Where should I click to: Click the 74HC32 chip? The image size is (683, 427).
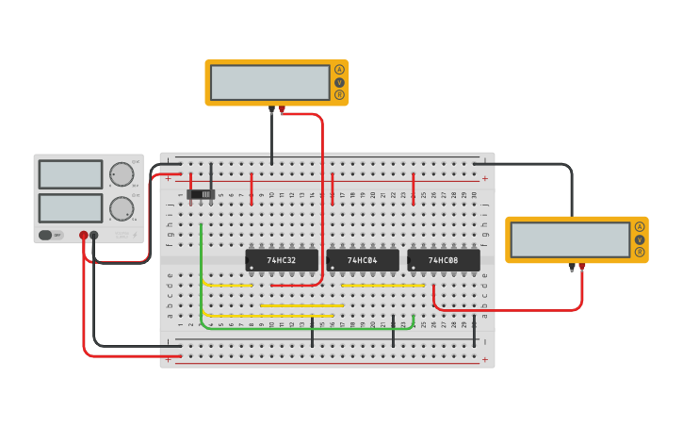click(x=281, y=260)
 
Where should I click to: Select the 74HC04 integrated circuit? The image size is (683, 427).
click(x=362, y=260)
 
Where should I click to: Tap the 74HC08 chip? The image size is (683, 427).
click(x=443, y=260)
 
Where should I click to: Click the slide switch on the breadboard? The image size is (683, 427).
click(x=202, y=194)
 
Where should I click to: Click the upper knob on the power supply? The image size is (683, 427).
click(x=122, y=174)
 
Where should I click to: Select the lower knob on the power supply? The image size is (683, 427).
click(x=122, y=208)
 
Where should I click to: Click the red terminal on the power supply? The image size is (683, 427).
click(x=83, y=236)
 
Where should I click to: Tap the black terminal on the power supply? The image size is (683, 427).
click(x=93, y=236)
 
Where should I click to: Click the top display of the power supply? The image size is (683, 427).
click(x=71, y=174)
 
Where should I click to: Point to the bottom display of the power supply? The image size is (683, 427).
click(x=71, y=208)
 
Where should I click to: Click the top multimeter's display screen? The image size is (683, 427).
click(x=269, y=82)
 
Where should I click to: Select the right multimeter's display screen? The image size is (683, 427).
click(x=569, y=239)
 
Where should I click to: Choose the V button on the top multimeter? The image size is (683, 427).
click(x=339, y=82)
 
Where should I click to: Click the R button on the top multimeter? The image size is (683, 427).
click(x=339, y=94)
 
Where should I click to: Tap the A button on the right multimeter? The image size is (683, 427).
click(x=640, y=226)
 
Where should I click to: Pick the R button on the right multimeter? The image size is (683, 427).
click(x=640, y=252)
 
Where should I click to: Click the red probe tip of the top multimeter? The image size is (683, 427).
click(x=282, y=110)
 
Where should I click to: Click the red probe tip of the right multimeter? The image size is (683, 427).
click(x=581, y=268)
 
